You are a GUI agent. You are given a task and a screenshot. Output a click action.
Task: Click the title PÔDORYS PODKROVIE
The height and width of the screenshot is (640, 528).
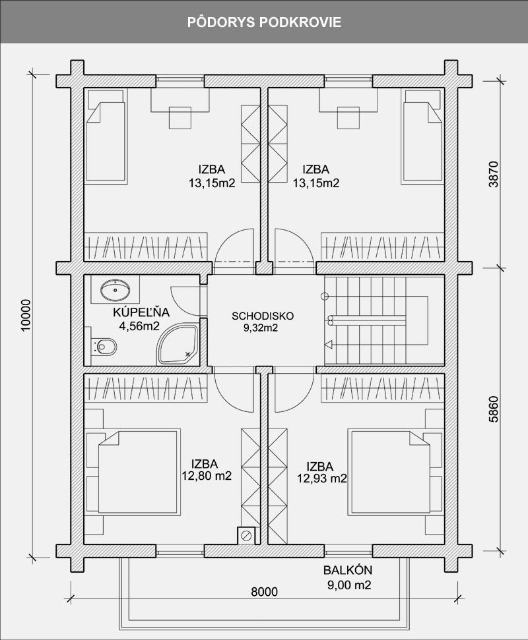tap(264, 22)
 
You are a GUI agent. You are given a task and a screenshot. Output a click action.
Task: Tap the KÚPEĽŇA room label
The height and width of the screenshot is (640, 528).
tap(141, 312)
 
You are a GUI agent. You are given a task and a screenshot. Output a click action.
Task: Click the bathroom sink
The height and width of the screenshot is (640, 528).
tap(115, 289)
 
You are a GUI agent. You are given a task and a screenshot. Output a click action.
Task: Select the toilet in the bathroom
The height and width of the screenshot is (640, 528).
tap(104, 347)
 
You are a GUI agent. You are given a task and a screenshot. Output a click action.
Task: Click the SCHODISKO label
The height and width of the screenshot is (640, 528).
tap(263, 316)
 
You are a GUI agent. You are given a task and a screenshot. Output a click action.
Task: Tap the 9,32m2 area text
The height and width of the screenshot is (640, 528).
tap(261, 328)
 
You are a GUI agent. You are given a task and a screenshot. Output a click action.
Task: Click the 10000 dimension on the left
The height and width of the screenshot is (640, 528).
tap(26, 315)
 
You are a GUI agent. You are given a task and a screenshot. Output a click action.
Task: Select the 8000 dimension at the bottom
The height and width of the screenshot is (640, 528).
tap(264, 591)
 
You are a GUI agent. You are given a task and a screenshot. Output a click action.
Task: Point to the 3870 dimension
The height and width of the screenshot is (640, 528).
tap(494, 174)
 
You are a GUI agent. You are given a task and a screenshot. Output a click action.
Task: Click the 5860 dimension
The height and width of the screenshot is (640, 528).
tap(494, 409)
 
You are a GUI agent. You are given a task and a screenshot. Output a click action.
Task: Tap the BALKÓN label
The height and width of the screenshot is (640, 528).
tap(348, 569)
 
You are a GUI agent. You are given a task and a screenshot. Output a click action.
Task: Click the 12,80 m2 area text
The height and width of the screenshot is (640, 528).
tap(207, 475)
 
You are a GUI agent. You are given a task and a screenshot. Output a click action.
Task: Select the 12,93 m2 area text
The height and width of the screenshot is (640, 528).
tap(322, 478)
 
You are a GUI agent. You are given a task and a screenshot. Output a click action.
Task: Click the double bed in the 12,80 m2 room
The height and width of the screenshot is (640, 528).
tap(133, 471)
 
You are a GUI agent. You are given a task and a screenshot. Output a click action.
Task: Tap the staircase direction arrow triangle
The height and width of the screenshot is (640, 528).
tap(328, 345)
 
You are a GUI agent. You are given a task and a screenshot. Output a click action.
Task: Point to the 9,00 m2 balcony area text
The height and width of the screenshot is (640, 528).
tap(349, 585)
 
